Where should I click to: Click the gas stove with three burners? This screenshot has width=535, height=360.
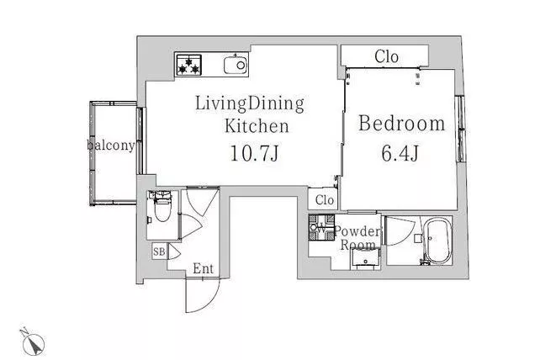[189, 65]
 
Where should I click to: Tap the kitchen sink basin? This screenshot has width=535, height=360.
[236, 65]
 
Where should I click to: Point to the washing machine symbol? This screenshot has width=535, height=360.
[321, 228]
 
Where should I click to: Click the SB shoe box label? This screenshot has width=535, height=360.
[159, 251]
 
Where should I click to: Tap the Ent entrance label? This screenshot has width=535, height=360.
[203, 268]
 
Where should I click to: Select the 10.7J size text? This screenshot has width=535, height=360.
[255, 153]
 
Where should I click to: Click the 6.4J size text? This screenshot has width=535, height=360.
[400, 153]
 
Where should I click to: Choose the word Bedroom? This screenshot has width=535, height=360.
[402, 123]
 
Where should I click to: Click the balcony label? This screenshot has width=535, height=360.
[111, 145]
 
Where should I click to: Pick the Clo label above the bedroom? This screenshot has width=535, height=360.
[386, 56]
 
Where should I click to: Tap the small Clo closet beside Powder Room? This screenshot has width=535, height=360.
[324, 199]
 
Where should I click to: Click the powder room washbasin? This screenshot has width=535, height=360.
[365, 259]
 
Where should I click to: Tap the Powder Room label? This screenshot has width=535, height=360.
[358, 238]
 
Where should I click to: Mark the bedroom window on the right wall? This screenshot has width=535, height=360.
[461, 129]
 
